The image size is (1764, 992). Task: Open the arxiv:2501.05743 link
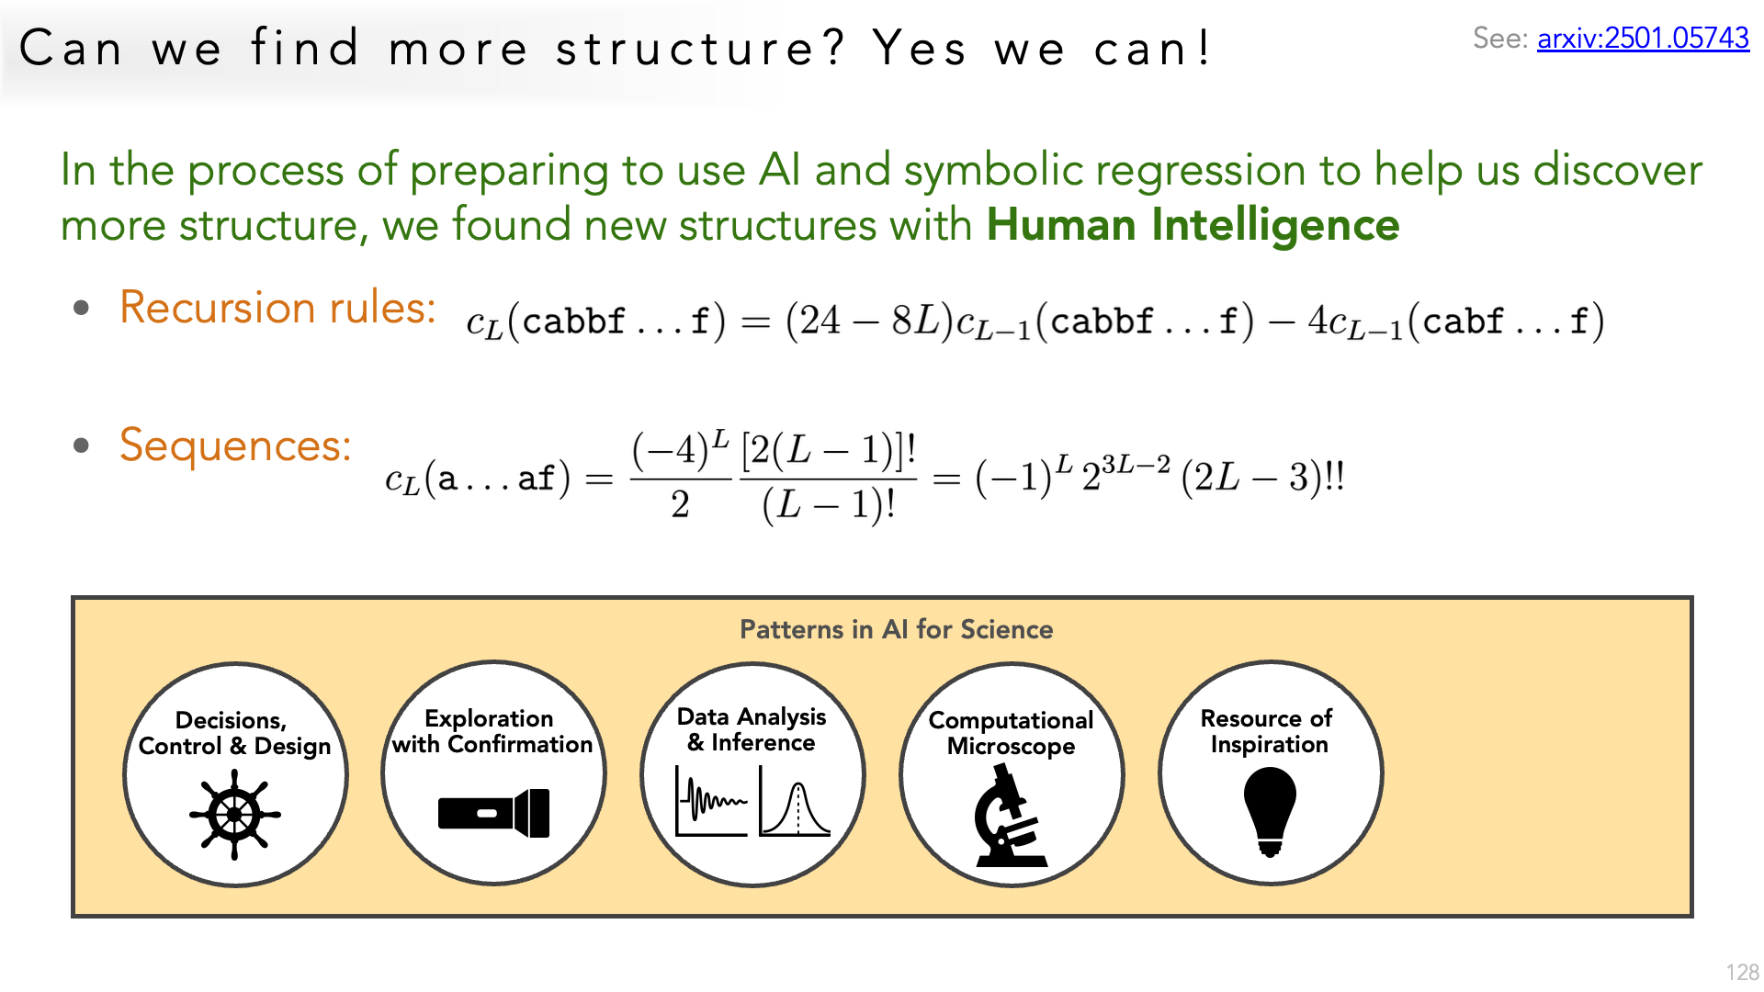tap(1643, 38)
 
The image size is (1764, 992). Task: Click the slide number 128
tap(1742, 973)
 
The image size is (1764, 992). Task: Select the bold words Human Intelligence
tap(1193, 225)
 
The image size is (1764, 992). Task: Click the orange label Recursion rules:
tap(277, 307)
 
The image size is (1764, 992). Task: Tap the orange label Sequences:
tap(235, 446)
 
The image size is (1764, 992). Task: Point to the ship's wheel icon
tap(235, 815)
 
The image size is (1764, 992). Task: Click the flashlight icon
tap(494, 814)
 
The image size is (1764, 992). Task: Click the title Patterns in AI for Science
tap(896, 629)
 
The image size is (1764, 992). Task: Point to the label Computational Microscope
tap(1011, 733)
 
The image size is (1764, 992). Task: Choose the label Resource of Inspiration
tap(1268, 731)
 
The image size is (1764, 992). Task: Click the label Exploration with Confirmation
tap(492, 731)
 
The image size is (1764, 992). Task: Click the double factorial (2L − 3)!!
tap(1263, 478)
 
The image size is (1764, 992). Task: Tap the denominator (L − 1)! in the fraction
tap(829, 505)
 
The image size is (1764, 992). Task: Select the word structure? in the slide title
tap(699, 48)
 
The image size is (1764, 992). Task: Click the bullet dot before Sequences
tap(82, 446)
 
